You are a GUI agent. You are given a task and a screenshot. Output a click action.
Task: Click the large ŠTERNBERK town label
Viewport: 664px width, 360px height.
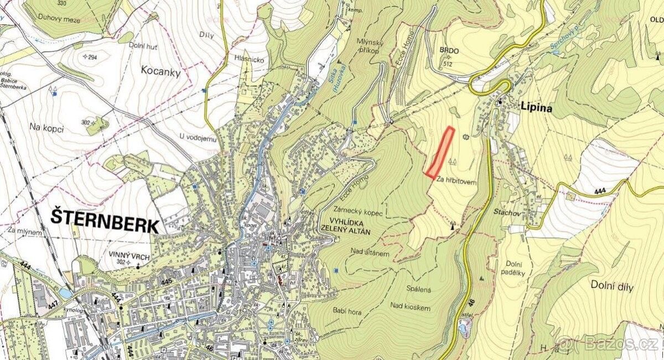tap(105, 218)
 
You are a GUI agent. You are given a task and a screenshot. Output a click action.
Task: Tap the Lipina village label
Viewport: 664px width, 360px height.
tap(536, 108)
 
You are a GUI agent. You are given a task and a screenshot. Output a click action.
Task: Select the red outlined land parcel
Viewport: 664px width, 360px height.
tap(440, 152)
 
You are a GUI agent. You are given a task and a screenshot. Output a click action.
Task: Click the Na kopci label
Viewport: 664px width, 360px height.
tap(46, 128)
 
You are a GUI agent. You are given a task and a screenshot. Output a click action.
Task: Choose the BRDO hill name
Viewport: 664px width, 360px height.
tap(449, 51)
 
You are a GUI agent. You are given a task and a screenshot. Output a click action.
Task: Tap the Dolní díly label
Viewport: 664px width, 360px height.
tap(612, 286)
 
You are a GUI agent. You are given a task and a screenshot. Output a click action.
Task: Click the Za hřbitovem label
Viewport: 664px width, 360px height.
tap(456, 179)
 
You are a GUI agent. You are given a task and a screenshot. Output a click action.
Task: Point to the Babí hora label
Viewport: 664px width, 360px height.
tap(348, 312)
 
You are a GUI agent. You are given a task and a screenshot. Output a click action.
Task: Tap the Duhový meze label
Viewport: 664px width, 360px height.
tap(59, 19)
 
